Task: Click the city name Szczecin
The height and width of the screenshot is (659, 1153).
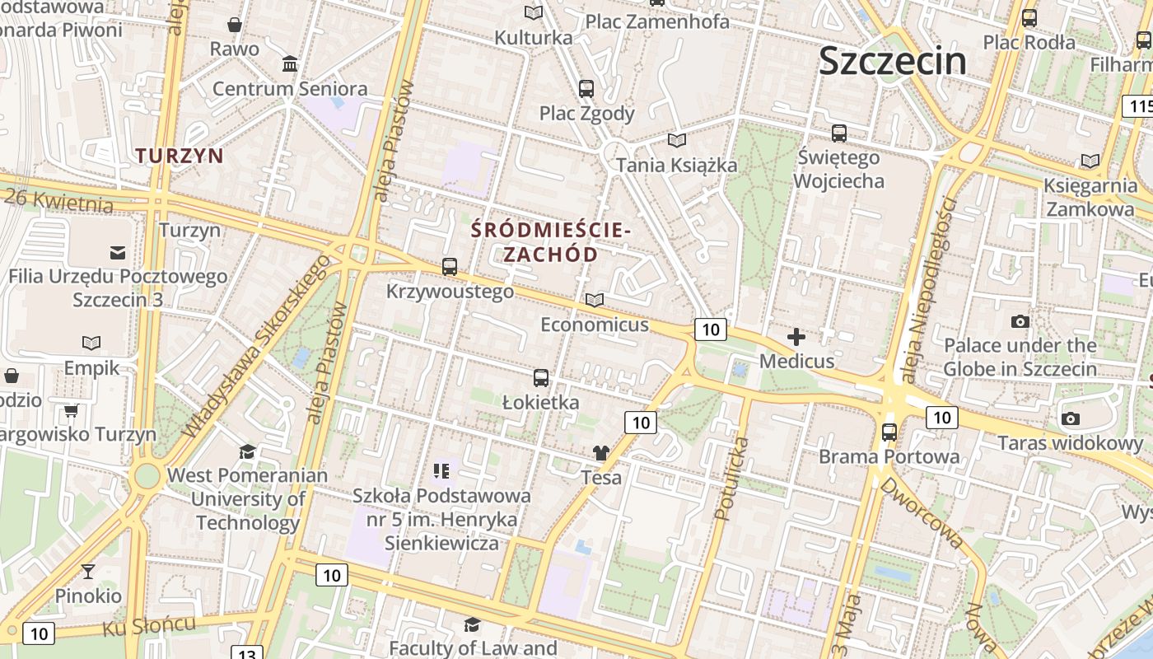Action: pyautogui.click(x=893, y=61)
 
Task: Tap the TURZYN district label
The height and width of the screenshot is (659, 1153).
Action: pyautogui.click(x=180, y=155)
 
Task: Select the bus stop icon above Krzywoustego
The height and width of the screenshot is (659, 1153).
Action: pyautogui.click(x=449, y=267)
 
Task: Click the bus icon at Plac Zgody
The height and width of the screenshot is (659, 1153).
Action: pyautogui.click(x=586, y=89)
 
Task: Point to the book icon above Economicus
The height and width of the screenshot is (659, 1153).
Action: pyautogui.click(x=594, y=301)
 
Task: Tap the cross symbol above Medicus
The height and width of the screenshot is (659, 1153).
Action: pyautogui.click(x=796, y=337)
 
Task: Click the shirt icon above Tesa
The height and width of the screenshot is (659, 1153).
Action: pyautogui.click(x=601, y=453)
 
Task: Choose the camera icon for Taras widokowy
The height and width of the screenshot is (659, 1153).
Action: pyautogui.click(x=1071, y=419)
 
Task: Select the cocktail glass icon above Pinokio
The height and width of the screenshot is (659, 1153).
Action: pyautogui.click(x=88, y=571)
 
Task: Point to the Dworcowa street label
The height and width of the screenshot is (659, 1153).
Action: pyautogui.click(x=921, y=512)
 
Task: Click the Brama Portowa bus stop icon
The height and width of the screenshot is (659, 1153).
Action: pyautogui.click(x=889, y=432)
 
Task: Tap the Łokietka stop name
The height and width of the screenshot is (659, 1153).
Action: pyautogui.click(x=540, y=403)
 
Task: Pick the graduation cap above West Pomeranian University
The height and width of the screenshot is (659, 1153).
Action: pyautogui.click(x=247, y=451)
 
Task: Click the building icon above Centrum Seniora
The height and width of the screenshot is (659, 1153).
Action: pyautogui.click(x=290, y=64)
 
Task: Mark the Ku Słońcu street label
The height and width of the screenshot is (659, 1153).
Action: pyautogui.click(x=149, y=625)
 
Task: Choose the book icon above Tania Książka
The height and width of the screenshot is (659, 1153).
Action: pyautogui.click(x=677, y=141)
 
